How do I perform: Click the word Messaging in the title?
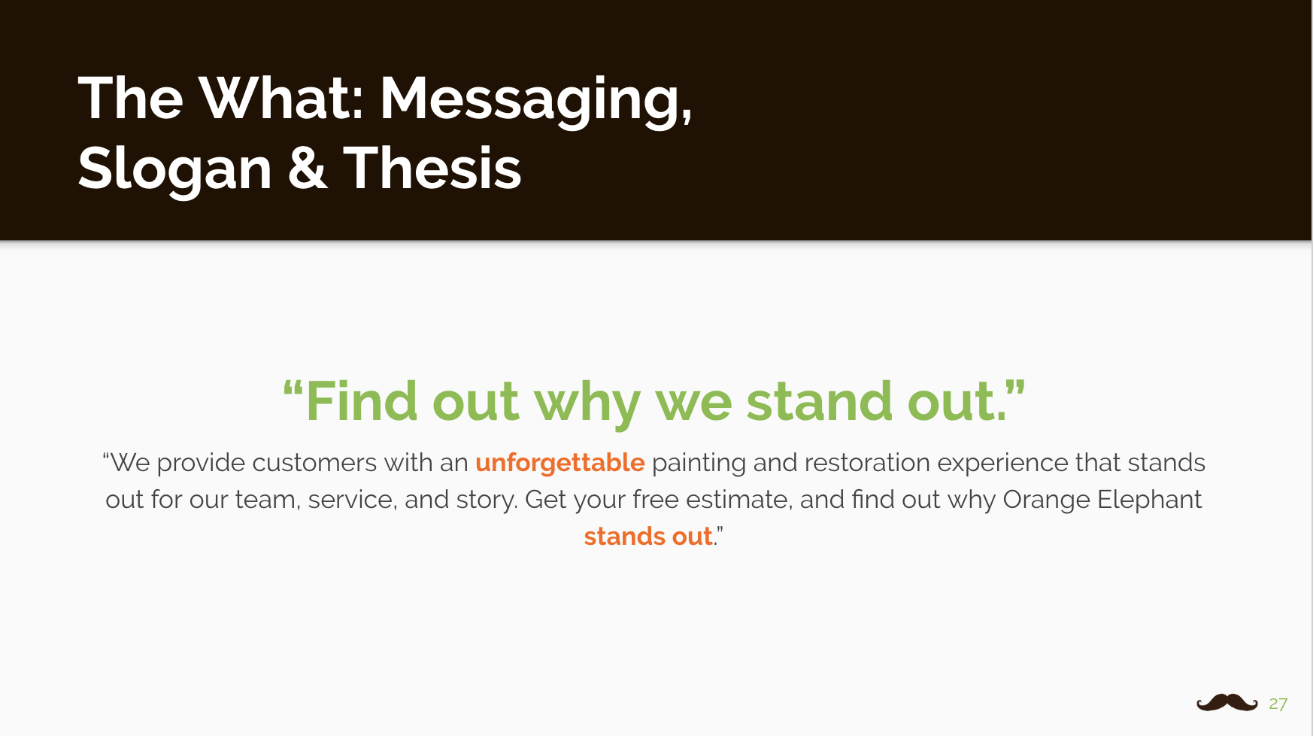(x=535, y=100)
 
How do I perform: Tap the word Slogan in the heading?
(x=174, y=170)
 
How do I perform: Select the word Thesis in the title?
(x=432, y=168)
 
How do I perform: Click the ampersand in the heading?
(x=308, y=168)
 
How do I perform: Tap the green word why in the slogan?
(x=587, y=404)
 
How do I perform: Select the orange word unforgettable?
(x=559, y=463)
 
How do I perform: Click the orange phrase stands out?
(x=648, y=536)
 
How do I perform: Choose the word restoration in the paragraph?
(x=867, y=462)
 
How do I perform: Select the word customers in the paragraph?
(x=314, y=463)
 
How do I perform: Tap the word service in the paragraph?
(x=352, y=500)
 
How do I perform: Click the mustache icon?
(x=1227, y=703)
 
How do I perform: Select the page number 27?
(x=1278, y=704)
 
